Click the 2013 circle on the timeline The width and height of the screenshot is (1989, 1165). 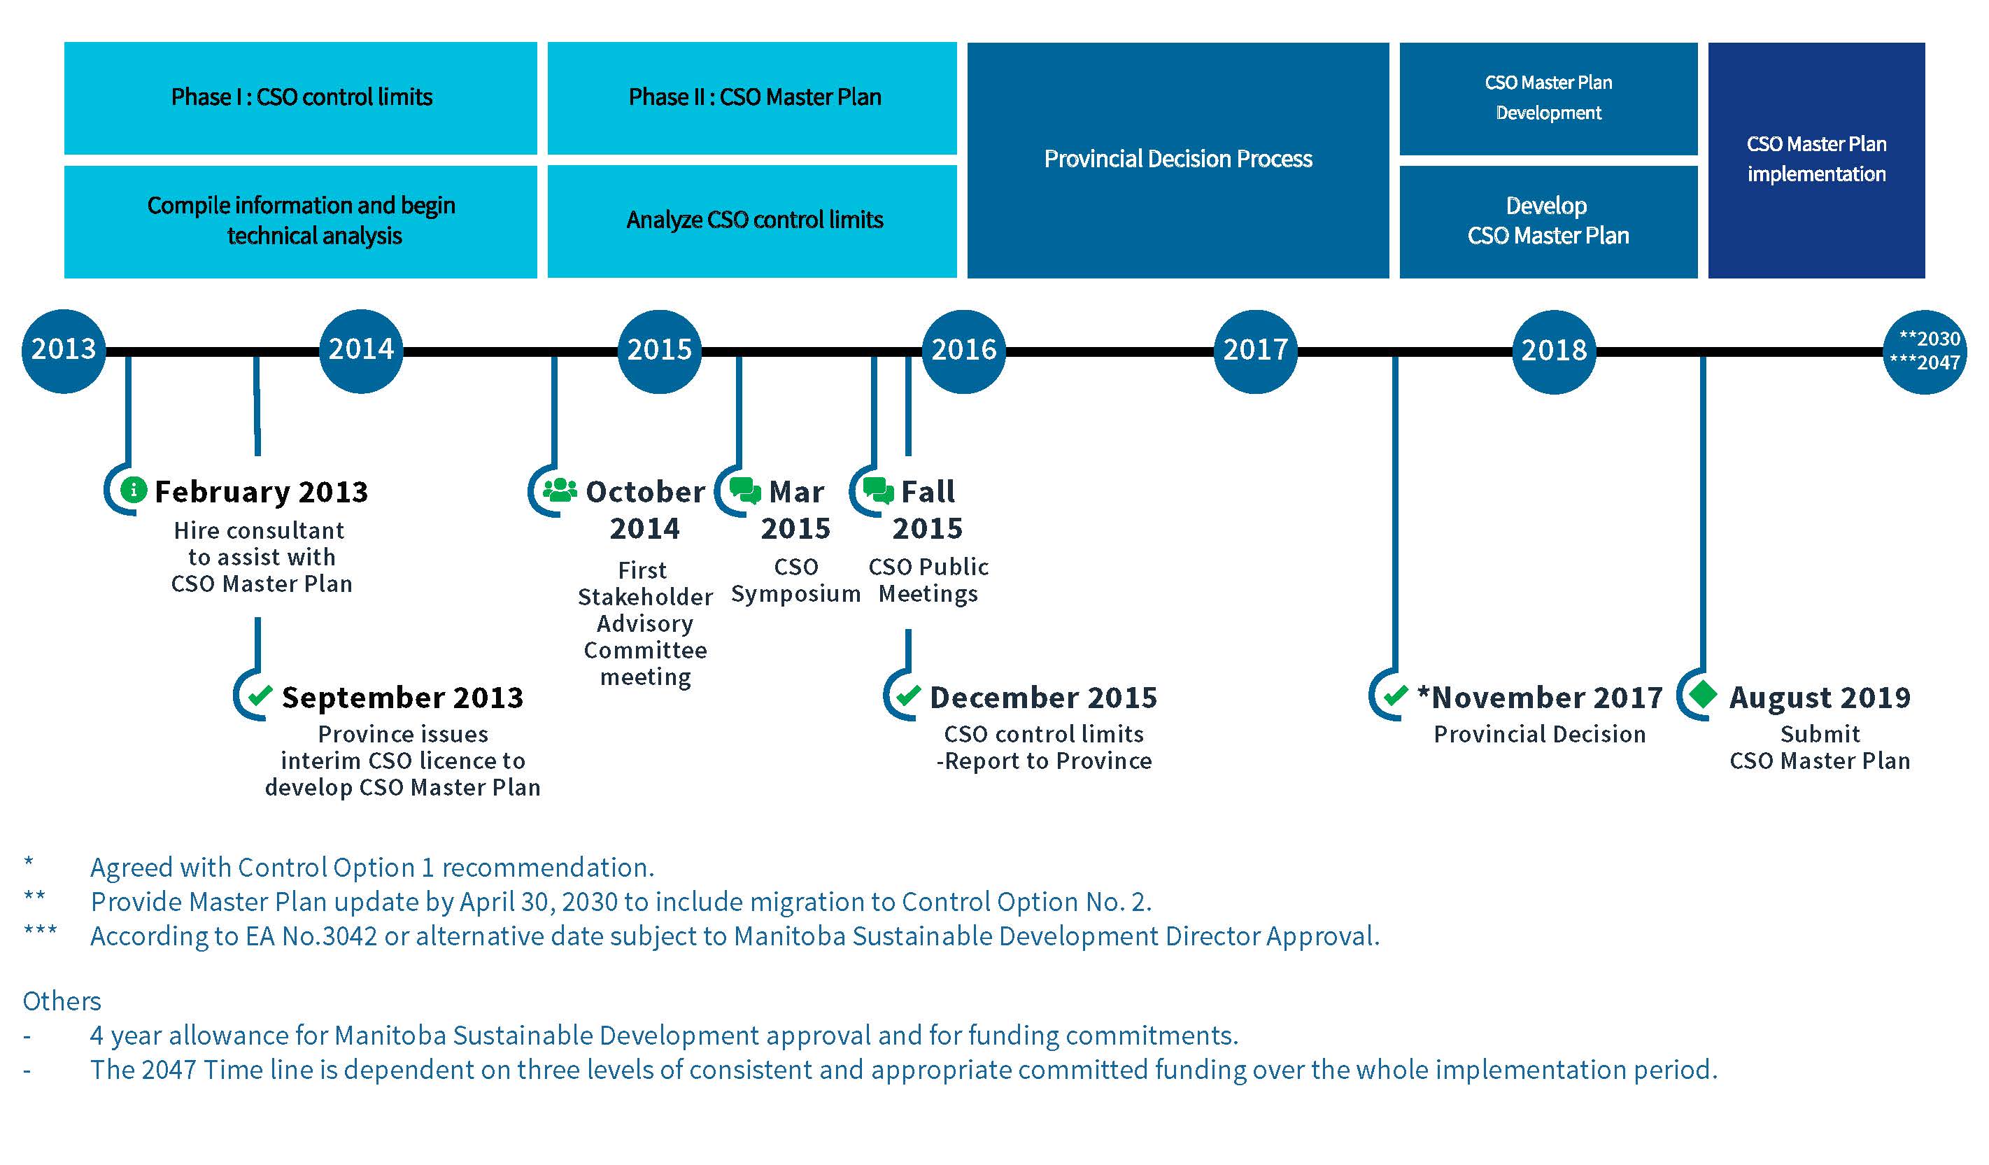(63, 351)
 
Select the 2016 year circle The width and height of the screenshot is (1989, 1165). (964, 351)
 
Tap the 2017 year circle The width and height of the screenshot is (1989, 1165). (1255, 351)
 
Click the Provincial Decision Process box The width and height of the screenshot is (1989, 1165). (1177, 160)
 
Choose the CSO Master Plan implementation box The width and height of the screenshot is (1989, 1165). (1816, 160)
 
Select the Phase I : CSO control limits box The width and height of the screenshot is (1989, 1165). (301, 98)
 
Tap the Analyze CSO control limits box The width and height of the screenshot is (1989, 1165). (752, 221)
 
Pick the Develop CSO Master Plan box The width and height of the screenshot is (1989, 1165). (1548, 221)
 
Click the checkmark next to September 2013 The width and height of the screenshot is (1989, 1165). (260, 696)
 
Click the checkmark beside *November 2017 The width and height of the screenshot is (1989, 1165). (1396, 696)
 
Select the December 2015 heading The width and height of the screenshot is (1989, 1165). (1043, 698)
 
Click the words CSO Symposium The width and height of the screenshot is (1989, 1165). (795, 580)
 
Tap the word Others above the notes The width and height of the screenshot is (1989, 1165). (62, 1001)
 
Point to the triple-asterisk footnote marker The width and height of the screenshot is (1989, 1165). (41, 930)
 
